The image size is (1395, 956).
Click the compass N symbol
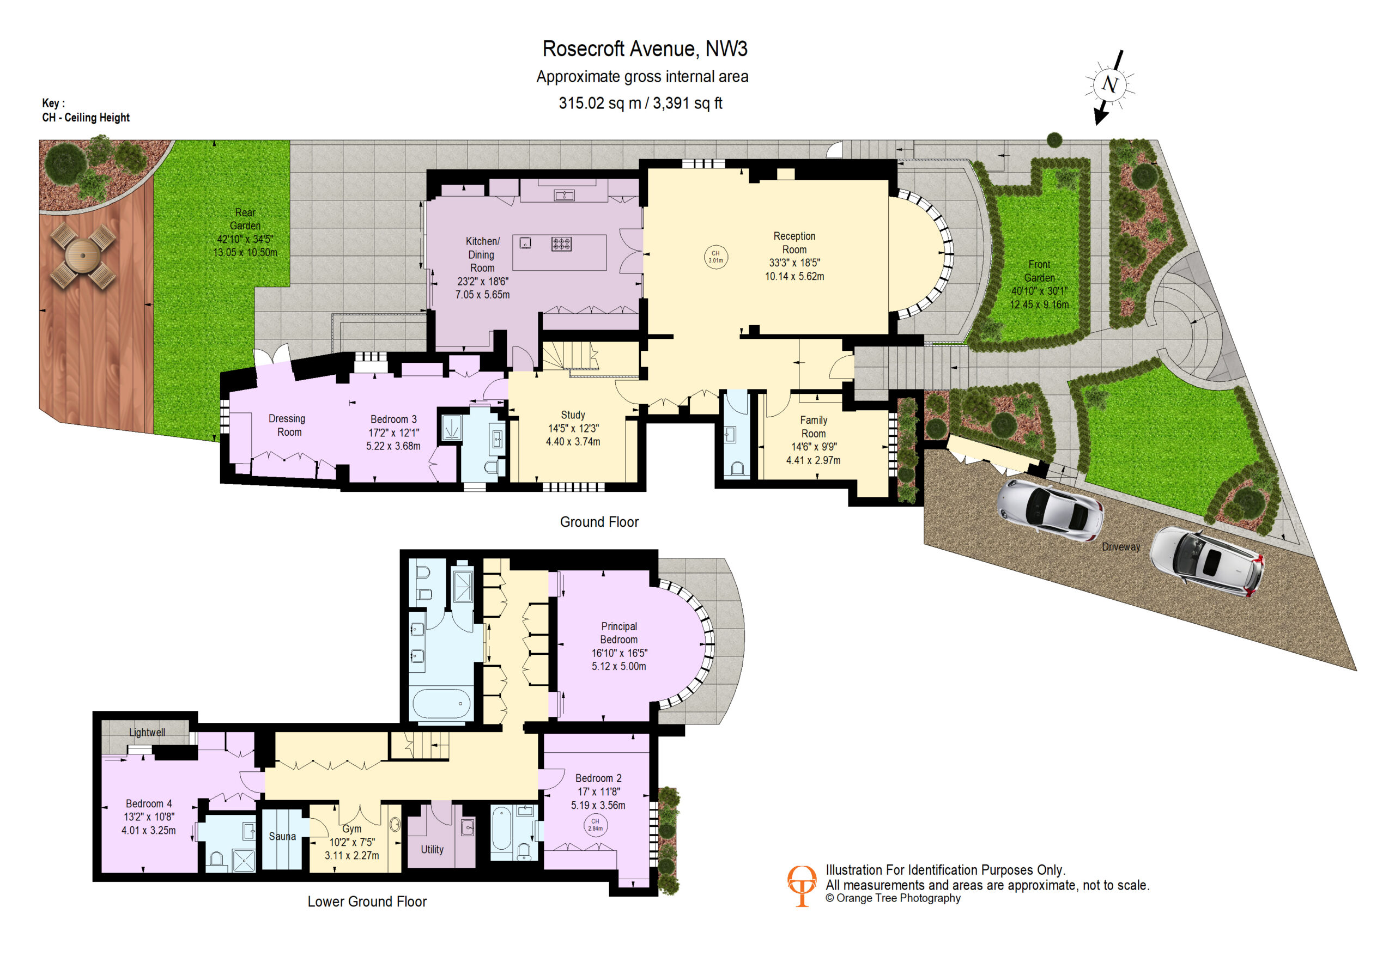(1109, 85)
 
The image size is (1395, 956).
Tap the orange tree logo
(802, 886)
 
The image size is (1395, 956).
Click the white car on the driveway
(1206, 561)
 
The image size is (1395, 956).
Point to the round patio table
(83, 255)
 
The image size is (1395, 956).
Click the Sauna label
(282, 837)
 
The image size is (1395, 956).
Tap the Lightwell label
(147, 733)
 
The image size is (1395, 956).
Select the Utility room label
(432, 850)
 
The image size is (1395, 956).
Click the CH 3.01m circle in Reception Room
(715, 257)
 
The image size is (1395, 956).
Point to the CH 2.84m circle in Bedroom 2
(595, 825)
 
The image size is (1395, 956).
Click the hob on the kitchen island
(561, 243)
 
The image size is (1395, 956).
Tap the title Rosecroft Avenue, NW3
(645, 48)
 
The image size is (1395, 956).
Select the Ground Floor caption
(599, 522)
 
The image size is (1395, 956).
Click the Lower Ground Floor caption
(367, 902)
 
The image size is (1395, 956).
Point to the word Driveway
(1121, 547)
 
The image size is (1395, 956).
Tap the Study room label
(573, 415)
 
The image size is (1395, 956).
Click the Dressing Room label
(288, 425)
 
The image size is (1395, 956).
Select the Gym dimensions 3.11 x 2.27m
(352, 855)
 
